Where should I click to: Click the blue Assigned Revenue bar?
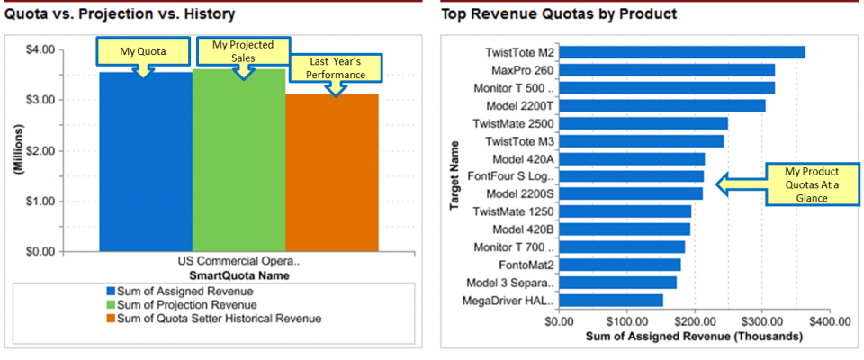(x=145, y=162)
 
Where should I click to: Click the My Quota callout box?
(x=143, y=51)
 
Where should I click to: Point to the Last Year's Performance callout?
(x=335, y=67)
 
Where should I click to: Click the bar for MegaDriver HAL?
(x=611, y=300)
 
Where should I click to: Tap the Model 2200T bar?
(x=662, y=105)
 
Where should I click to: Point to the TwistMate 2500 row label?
(x=519, y=123)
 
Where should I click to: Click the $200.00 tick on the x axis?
(x=694, y=319)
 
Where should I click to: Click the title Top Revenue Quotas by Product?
(x=559, y=14)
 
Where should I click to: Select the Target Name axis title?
(x=456, y=175)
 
